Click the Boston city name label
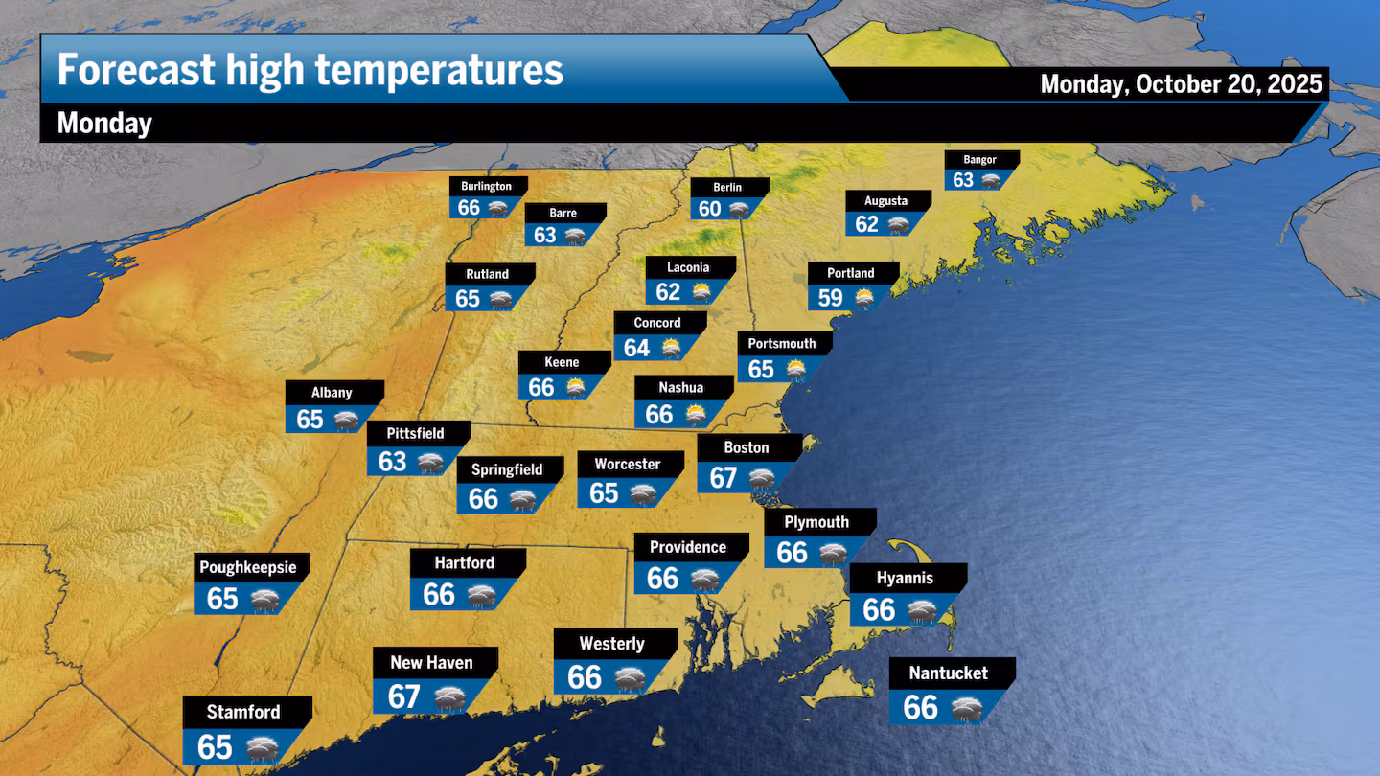click(747, 447)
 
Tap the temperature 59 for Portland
click(830, 298)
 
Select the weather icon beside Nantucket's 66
click(966, 709)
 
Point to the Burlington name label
click(486, 186)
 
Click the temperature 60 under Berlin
click(710, 209)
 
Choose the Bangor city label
click(979, 160)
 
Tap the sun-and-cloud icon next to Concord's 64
click(670, 348)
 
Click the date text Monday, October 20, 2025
click(1182, 84)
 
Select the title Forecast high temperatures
click(310, 70)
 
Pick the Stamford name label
click(243, 712)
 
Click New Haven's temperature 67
click(404, 696)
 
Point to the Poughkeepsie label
click(248, 567)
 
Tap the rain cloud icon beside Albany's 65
click(345, 420)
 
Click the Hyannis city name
click(905, 578)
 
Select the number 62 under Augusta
click(866, 224)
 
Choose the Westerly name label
click(611, 644)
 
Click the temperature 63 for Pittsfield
click(393, 462)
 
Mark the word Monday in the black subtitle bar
click(104, 123)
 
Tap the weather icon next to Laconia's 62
click(701, 292)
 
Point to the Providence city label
click(688, 547)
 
